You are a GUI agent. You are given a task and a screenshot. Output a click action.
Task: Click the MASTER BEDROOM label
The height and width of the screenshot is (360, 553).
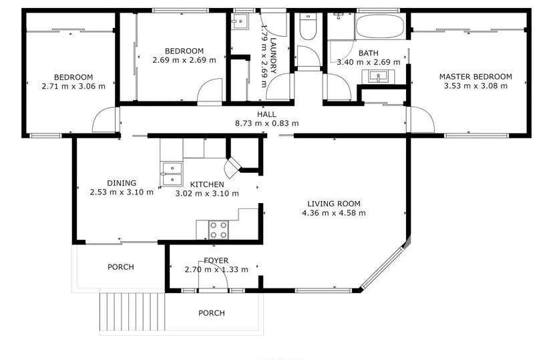[475, 77]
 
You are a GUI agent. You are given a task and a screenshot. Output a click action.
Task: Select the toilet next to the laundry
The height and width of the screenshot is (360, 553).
[308, 27]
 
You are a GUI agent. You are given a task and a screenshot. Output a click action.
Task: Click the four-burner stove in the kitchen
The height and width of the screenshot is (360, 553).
[218, 230]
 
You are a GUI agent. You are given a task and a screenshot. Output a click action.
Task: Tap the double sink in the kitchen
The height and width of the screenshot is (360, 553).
[171, 174]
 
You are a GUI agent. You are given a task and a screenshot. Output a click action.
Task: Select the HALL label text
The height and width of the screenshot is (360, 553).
[266, 114]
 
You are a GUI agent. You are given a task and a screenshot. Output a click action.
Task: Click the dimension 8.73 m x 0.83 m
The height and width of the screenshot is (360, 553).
[266, 123]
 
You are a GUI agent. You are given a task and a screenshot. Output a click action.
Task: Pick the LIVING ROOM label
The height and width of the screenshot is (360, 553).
[334, 204]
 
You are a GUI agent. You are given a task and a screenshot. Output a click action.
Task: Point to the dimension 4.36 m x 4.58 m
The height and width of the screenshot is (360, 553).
[334, 213]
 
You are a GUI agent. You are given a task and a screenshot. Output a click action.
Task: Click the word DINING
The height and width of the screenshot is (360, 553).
[122, 183]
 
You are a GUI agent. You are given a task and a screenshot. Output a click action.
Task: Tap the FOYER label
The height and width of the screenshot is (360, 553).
[216, 260]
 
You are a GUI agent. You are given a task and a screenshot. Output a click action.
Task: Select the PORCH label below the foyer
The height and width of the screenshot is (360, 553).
[211, 313]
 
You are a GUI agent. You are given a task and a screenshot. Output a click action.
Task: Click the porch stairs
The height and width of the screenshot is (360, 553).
[133, 311]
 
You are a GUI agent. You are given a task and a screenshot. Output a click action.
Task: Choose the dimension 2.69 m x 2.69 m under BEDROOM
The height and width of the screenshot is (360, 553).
[184, 60]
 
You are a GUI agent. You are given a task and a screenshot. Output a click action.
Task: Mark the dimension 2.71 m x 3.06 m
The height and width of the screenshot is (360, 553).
[73, 85]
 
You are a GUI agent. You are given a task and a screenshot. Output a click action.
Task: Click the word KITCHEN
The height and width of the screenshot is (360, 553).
[206, 184]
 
